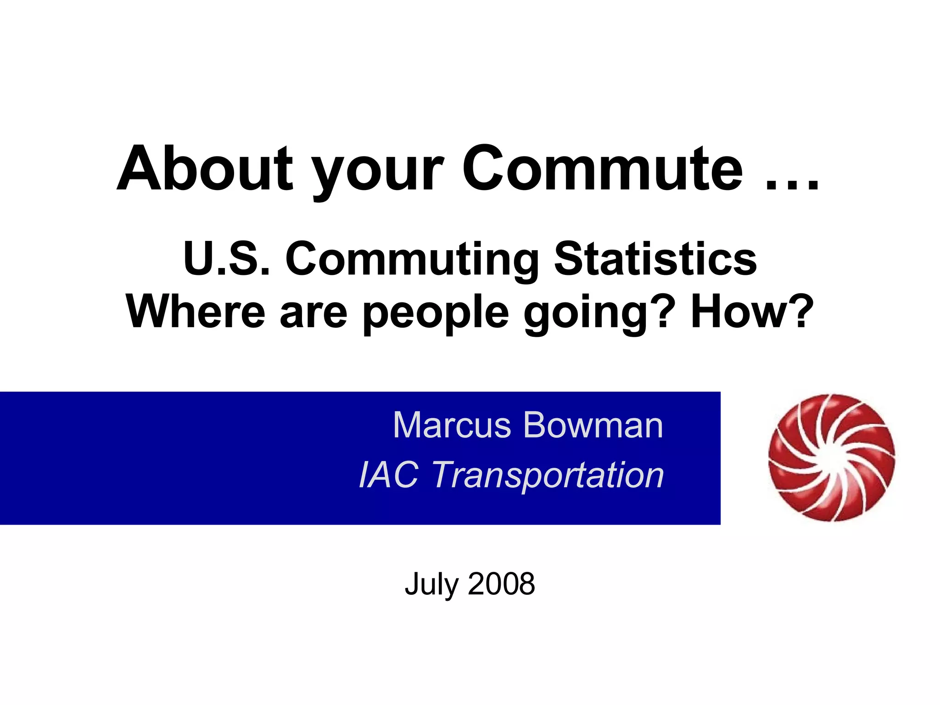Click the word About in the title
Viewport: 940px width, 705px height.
pos(204,169)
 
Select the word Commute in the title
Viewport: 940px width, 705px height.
pos(602,169)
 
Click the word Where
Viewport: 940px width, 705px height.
pos(195,312)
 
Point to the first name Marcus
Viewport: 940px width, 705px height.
pos(452,425)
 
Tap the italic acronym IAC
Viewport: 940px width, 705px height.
pos(388,475)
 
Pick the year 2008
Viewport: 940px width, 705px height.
pos(501,584)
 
